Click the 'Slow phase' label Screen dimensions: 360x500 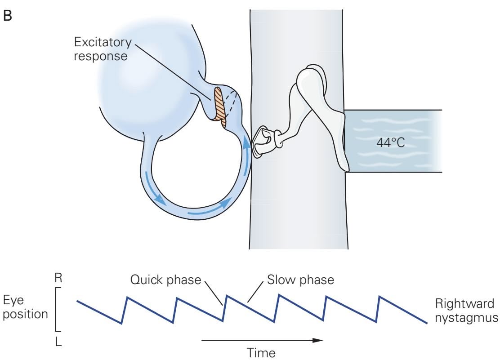click(x=301, y=280)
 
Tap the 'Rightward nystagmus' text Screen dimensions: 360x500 click(x=466, y=310)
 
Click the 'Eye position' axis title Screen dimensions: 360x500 click(x=25, y=307)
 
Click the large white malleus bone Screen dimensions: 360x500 click(x=315, y=103)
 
